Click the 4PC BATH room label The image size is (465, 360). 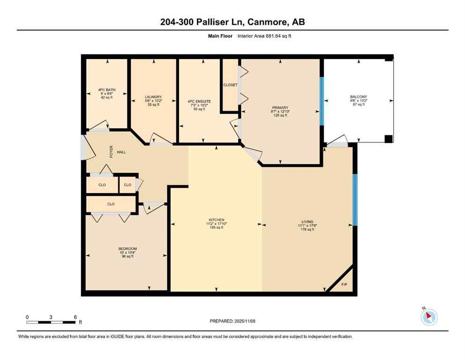tap(106, 90)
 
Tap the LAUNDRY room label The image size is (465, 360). tap(153, 97)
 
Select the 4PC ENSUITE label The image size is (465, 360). tap(199, 101)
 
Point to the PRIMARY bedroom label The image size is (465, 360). tap(280, 107)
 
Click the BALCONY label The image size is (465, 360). tap(359, 97)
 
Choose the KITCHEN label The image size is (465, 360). tap(216, 220)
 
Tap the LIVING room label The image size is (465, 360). tap(307, 222)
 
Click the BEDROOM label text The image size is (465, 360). tap(127, 249)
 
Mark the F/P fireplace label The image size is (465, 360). tap(344, 285)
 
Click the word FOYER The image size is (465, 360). tap(111, 152)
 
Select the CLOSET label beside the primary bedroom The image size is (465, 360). tap(230, 85)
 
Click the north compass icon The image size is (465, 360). tap(429, 317)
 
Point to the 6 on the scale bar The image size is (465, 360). tap(75, 317)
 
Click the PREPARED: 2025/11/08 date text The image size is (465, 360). tap(233, 321)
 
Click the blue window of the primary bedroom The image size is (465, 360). tap(321, 101)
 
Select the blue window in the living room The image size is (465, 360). tap(354, 200)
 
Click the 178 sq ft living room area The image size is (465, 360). tap(307, 230)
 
